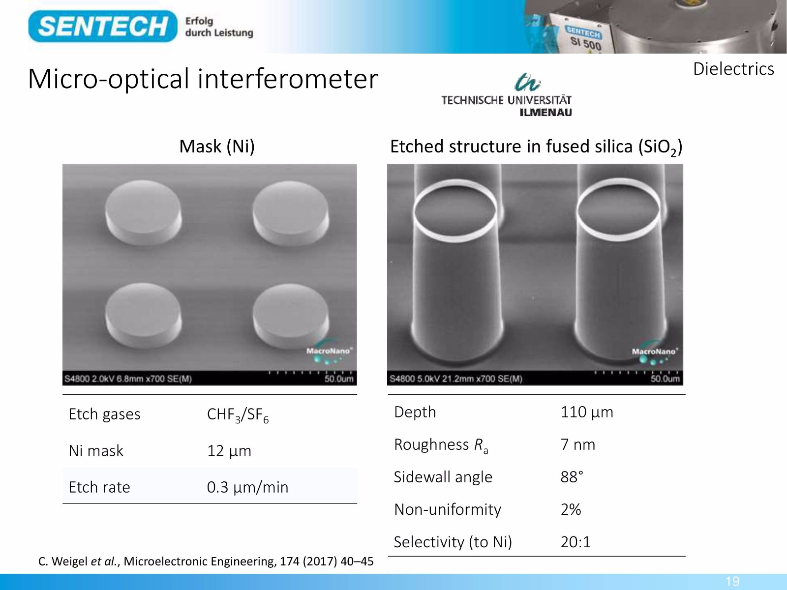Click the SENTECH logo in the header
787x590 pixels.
point(102,26)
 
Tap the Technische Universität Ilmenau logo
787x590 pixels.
point(506,95)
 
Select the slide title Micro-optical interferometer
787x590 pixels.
point(203,79)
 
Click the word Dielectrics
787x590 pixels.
point(733,69)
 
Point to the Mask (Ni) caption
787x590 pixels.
point(217,146)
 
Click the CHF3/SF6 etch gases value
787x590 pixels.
point(238,415)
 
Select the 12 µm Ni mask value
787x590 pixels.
point(229,451)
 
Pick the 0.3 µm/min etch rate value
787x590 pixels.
point(247,487)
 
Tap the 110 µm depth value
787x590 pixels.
point(587,412)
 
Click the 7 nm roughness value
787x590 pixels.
point(577,444)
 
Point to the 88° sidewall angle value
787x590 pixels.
point(572,477)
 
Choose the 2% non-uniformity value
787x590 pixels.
point(571,509)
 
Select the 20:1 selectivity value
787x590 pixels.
point(575,542)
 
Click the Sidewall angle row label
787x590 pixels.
point(443,477)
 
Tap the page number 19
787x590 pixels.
point(732,581)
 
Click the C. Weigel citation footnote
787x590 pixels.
point(206,561)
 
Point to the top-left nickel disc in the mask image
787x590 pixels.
point(144,212)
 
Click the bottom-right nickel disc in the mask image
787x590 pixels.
point(291,316)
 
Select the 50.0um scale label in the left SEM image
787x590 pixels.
point(339,379)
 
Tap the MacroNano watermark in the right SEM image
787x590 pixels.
point(655,352)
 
